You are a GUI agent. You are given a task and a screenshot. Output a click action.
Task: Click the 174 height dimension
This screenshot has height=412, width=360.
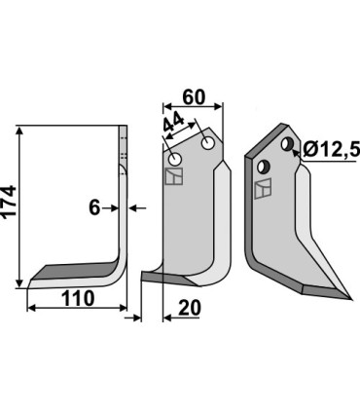11,206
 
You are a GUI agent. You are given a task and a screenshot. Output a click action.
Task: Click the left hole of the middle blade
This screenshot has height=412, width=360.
175,159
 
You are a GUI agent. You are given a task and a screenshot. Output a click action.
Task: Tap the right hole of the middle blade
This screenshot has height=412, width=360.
206,143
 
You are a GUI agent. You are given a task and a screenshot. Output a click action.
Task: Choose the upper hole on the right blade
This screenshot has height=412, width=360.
287,145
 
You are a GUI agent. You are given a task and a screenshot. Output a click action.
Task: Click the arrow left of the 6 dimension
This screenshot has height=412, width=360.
110,206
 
